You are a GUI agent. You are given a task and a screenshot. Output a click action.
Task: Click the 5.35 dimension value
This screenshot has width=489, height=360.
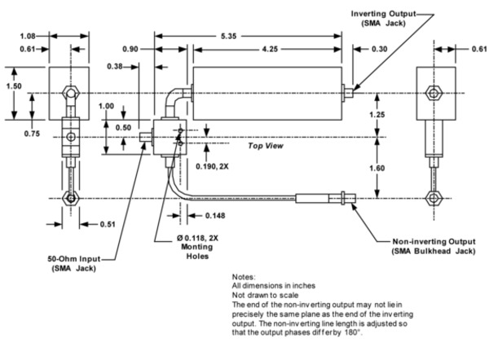tap(228, 36)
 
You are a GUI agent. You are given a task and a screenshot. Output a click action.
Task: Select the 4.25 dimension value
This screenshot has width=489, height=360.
tap(270, 49)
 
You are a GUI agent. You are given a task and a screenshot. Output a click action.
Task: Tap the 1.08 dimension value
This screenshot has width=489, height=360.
tap(28, 36)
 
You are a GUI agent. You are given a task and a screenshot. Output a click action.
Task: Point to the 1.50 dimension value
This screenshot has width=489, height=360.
tap(14, 86)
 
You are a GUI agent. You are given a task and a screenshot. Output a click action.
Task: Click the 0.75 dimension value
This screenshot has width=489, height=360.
tap(32, 134)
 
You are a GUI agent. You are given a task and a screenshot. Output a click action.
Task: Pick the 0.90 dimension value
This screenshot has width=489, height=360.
tap(130, 49)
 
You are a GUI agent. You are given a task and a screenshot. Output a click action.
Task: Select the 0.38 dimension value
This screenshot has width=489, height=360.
tap(115, 67)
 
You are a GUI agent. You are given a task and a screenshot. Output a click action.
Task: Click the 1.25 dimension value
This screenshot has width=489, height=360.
tap(377, 115)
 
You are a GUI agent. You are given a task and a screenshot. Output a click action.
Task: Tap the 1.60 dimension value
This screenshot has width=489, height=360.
tap(377, 169)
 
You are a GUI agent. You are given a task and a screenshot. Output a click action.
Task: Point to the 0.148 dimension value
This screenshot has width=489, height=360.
tap(215, 216)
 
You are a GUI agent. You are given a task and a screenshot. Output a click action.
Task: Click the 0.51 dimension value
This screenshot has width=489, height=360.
tap(108, 225)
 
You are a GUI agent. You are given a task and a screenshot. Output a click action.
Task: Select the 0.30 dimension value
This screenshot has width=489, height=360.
tap(380, 49)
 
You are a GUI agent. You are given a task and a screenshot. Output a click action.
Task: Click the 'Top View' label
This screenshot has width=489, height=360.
tap(266, 146)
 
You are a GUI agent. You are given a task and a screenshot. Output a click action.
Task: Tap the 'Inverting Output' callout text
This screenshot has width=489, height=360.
tap(384, 14)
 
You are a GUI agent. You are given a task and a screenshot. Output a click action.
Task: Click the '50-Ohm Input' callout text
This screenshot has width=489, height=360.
tap(74, 259)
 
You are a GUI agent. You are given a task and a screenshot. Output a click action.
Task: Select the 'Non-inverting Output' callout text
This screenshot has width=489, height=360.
tap(434, 242)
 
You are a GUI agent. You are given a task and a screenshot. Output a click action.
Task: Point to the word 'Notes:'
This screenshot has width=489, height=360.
tap(244, 277)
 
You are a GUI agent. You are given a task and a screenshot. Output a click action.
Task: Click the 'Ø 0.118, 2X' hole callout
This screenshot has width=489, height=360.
tap(197, 239)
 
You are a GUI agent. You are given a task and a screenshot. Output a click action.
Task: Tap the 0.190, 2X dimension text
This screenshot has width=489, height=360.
tap(212, 167)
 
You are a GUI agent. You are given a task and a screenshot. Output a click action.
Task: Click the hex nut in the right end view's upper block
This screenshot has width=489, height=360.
tap(434, 93)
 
